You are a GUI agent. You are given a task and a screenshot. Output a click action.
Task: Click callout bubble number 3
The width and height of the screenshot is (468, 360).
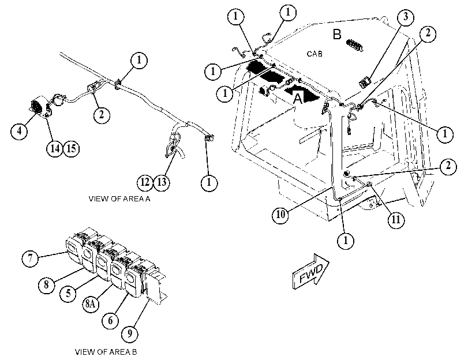point(405,17)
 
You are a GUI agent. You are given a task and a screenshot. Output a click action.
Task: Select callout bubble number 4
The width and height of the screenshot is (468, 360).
point(20,131)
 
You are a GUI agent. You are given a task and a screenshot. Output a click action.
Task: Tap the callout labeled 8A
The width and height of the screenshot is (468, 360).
point(91,304)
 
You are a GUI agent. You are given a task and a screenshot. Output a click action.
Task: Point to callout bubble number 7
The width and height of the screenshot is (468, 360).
point(30,258)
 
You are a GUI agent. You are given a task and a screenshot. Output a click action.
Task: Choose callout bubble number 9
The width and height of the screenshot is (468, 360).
point(129,333)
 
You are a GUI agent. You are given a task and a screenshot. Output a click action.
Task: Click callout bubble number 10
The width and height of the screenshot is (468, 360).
point(280,215)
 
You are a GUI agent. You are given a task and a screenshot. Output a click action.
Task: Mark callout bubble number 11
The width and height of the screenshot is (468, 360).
point(396,220)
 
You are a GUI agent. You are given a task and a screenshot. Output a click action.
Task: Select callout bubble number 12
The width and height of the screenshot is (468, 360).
point(145,182)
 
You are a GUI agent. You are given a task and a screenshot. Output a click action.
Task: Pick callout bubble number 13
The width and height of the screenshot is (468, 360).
point(162,182)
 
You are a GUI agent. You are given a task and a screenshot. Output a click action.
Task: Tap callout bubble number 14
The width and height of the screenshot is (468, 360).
point(55,148)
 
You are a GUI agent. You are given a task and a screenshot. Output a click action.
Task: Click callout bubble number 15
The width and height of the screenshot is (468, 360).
point(71,148)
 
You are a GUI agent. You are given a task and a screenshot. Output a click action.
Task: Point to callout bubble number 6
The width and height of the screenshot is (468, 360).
point(110,320)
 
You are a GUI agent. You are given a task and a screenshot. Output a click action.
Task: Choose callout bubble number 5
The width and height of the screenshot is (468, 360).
point(68,293)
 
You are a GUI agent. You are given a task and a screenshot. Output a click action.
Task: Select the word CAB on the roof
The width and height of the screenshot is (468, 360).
point(315,54)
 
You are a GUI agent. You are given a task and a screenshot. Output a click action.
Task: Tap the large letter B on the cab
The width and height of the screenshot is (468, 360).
point(337,35)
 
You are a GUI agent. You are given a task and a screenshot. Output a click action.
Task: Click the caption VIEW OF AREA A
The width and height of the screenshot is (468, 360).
point(119,199)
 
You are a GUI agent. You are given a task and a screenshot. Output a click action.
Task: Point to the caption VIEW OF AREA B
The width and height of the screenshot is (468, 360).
point(106,352)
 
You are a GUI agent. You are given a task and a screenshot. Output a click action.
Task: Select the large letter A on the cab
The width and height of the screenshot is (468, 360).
point(298,99)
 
